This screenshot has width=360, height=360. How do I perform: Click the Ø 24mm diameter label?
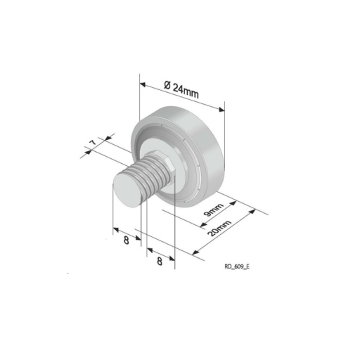tap(181, 90)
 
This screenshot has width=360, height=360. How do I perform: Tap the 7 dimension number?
tap(94, 143)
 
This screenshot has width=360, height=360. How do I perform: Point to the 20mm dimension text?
tap(220, 228)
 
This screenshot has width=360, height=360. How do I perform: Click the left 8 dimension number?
tap(127, 240)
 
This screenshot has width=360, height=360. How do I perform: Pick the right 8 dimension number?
tap(160, 261)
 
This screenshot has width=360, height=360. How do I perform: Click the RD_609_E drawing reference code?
tap(237, 266)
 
